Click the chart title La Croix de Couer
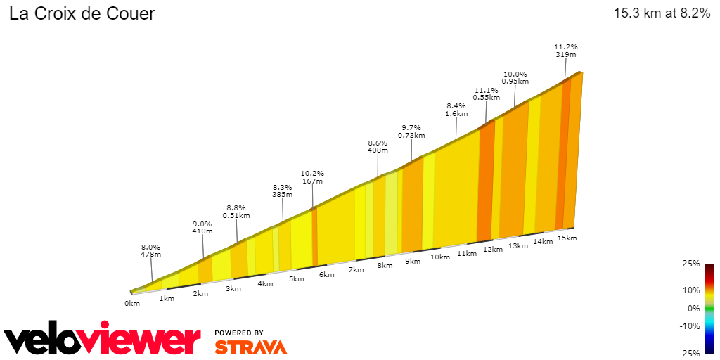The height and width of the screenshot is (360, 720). pos(82,13)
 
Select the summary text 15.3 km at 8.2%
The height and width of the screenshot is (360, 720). pos(662,13)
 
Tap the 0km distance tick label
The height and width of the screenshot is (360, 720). pos(132,303)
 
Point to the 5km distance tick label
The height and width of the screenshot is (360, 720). pos(296,279)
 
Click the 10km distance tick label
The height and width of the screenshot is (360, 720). pos(439,257)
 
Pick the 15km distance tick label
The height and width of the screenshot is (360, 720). pos(567,238)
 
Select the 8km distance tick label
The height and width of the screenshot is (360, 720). pos(384,266)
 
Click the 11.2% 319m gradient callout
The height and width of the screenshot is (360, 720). pos(566,51)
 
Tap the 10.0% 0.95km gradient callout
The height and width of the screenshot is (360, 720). pos(514,77)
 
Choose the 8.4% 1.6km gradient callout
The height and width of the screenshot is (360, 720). pos(456,109)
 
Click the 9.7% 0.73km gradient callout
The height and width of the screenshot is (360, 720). pos(411,131)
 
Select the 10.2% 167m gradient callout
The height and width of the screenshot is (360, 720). pos(312,177)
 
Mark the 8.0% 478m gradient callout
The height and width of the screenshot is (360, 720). pos(151,251)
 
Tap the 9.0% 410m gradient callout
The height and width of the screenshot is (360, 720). pos(202,227)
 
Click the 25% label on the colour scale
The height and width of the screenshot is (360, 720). pos(691,264)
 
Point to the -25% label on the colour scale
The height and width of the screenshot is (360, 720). pos(690,353)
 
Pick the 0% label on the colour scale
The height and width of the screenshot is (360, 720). pos(693,308)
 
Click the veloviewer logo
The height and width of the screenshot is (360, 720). pos(103,340)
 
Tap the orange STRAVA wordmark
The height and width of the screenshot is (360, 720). pos(250,347)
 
